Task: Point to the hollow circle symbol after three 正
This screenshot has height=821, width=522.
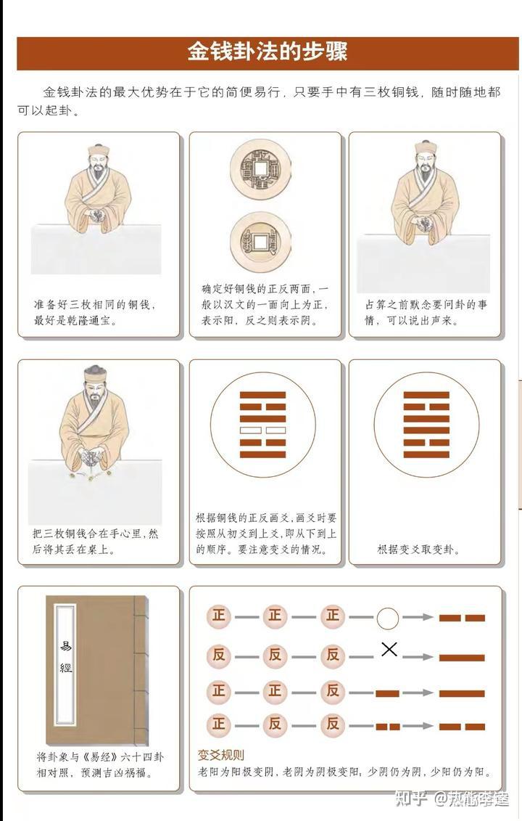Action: (388, 618)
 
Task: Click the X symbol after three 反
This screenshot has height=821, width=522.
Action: (389, 649)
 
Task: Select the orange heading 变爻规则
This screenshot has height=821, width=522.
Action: (220, 755)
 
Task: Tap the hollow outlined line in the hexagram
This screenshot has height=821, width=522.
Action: (250, 430)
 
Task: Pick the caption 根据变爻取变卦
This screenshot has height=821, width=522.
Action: (418, 550)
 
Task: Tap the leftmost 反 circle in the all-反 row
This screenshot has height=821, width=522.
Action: (218, 655)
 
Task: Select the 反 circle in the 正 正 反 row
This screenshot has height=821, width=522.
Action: (332, 690)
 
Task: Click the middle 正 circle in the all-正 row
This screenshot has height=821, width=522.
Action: (275, 617)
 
